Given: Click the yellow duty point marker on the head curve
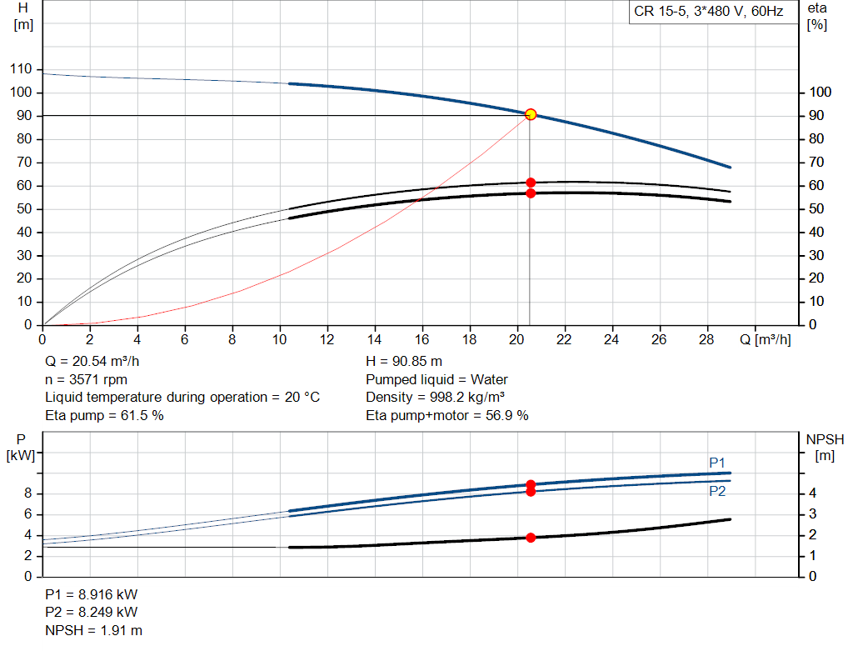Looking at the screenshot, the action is tap(531, 114).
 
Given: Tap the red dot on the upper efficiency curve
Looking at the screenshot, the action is tap(531, 183).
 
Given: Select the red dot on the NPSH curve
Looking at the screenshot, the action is tap(531, 538).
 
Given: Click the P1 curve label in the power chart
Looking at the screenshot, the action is tap(717, 463).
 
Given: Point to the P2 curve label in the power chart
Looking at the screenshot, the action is tap(717, 492).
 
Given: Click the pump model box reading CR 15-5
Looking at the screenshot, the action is tap(708, 12).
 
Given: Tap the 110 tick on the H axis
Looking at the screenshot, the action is tap(21, 69).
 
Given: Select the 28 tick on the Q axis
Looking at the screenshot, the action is tap(706, 339).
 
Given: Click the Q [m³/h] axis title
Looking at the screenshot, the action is tap(766, 339).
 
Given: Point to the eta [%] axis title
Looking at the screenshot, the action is tap(817, 17).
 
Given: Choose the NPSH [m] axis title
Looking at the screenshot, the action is tap(825, 447).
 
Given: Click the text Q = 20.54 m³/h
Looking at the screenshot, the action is tap(92, 362).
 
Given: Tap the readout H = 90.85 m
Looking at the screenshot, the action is tap(404, 362).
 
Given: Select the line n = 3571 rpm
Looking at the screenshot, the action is tap(86, 379).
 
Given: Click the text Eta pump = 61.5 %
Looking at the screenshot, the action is tap(104, 415).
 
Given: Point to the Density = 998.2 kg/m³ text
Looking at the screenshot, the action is tap(435, 398).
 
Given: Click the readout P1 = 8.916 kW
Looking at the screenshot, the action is tap(92, 594).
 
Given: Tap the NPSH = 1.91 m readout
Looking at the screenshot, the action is tap(93, 630).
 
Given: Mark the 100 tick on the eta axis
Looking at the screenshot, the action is tap(820, 92).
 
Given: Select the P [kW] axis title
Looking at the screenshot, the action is tap(21, 447).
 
